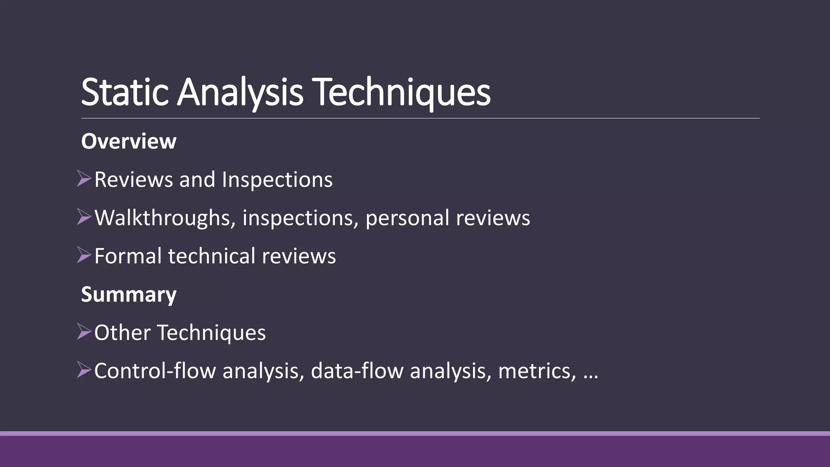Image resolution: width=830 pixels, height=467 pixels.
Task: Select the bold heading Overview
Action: (x=128, y=141)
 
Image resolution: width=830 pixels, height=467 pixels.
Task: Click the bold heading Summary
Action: (x=128, y=294)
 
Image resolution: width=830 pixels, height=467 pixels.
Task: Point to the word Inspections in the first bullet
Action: (x=277, y=180)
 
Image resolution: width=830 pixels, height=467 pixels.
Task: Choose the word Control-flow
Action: (x=155, y=371)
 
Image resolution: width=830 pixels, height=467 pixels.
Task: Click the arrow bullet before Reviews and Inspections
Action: (x=84, y=179)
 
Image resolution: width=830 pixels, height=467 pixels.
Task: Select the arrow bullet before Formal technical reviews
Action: (x=84, y=255)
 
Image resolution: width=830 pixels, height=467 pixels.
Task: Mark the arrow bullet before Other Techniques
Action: (x=84, y=332)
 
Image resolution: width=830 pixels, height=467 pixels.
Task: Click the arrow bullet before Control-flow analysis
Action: (x=84, y=370)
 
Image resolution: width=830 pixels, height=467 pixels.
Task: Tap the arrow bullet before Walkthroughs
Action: (x=84, y=217)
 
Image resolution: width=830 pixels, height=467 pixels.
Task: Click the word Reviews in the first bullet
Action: (x=133, y=180)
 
